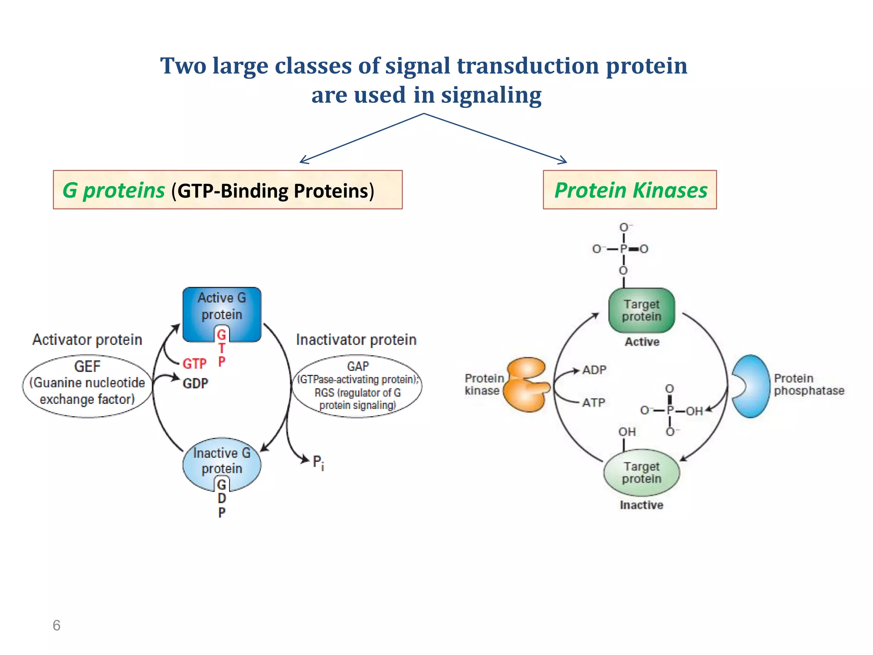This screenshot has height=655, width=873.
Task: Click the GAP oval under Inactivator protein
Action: (x=357, y=386)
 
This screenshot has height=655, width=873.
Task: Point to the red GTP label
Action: (x=194, y=364)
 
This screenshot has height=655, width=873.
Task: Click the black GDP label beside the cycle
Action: (x=195, y=383)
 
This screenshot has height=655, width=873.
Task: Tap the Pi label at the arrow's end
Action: (x=318, y=462)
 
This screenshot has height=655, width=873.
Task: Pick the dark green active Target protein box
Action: (x=642, y=310)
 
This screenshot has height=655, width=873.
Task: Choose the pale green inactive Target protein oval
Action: (x=642, y=472)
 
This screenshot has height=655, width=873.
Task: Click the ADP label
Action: (x=594, y=370)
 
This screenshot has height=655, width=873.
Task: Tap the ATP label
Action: (x=593, y=403)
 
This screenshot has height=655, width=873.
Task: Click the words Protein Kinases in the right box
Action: (x=630, y=190)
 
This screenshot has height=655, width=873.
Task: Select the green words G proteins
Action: (x=113, y=190)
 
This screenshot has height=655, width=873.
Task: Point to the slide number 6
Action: (x=56, y=625)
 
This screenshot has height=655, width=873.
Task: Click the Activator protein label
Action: (x=87, y=340)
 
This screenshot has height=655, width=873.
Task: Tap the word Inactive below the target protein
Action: (x=642, y=505)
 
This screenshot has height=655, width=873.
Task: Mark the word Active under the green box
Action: (x=642, y=342)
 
